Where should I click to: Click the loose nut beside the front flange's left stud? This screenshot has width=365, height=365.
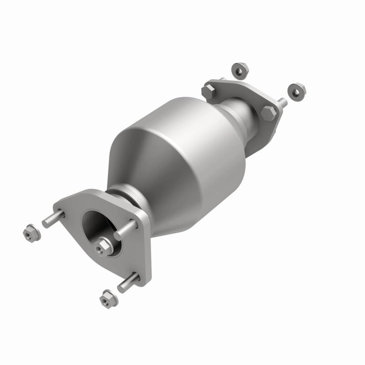(31, 233)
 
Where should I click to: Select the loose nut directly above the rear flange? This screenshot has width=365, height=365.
(240, 69)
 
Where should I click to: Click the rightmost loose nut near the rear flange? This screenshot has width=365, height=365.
(297, 91)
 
